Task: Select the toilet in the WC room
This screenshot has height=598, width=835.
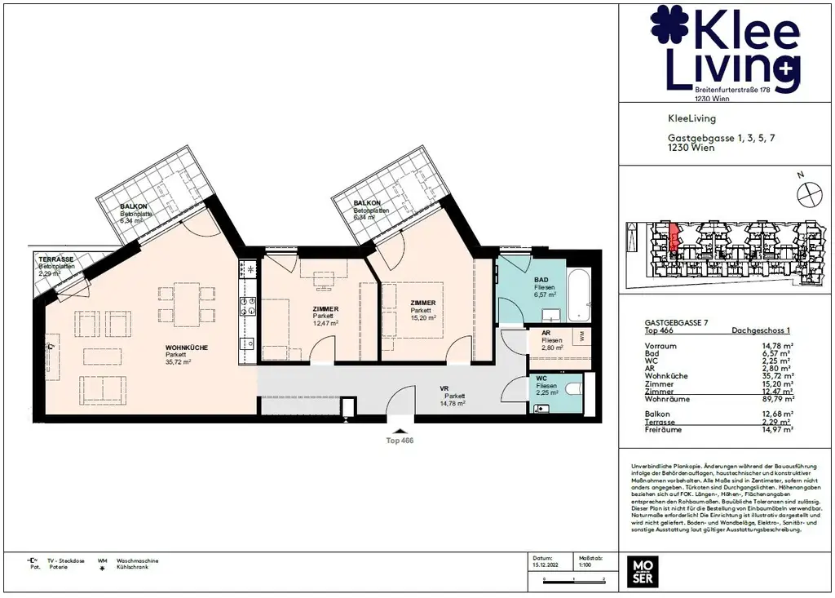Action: (x=573, y=390)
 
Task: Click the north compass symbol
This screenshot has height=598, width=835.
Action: (x=807, y=193)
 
